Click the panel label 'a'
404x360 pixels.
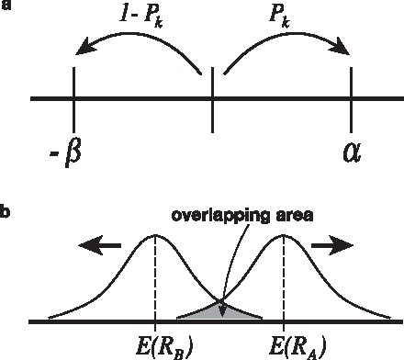(6, 8)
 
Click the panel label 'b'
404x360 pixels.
(6, 214)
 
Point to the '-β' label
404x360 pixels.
(65, 151)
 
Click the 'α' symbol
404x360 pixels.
(352, 150)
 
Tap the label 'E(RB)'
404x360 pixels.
(156, 346)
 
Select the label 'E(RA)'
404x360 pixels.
(285, 346)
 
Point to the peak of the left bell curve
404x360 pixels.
(155, 235)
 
